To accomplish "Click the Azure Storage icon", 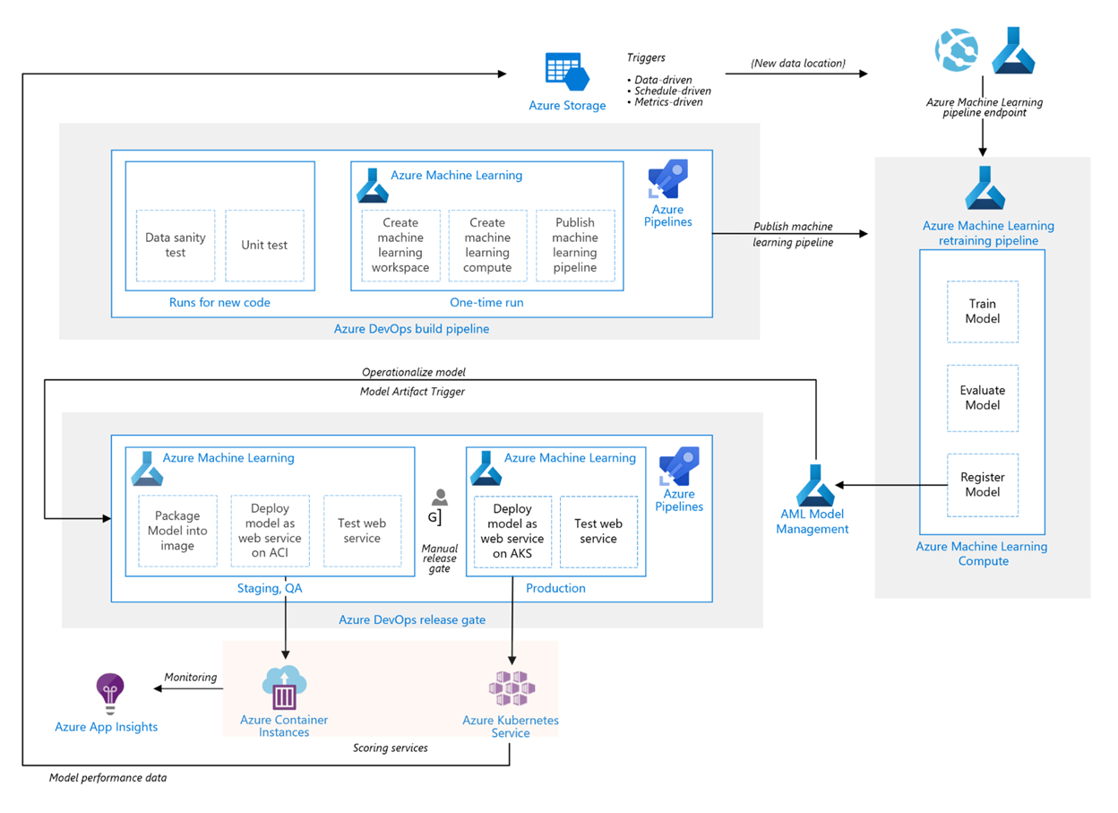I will pos(566,72).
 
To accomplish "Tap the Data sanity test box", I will pos(176,246).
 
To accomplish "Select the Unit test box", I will pos(264,246).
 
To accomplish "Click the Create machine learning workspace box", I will pos(400,246).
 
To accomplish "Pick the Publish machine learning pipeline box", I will pos(575,246).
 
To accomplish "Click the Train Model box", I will pos(983,311).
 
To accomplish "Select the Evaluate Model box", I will pos(983,398).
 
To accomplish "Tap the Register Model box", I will pos(983,485).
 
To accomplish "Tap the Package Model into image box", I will pos(177,531).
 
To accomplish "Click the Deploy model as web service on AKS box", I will pos(512,531).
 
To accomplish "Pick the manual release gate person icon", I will pos(439,498).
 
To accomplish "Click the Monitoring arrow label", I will pos(191,677).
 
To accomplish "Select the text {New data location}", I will pos(797,63).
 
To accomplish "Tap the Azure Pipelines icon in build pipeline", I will pos(667,179).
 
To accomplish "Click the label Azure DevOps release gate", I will pos(412,619).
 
